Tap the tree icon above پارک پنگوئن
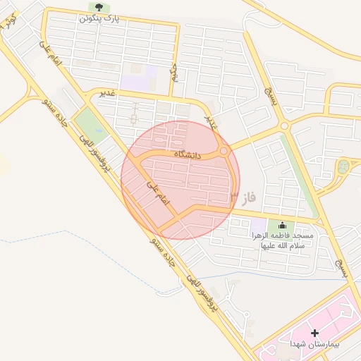98,8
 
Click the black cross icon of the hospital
314,331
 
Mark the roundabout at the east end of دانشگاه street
224,151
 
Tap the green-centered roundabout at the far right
343,168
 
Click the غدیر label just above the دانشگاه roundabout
211,122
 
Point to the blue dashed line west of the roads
42,237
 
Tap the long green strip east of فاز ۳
297,176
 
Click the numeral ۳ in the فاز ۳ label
233,195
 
